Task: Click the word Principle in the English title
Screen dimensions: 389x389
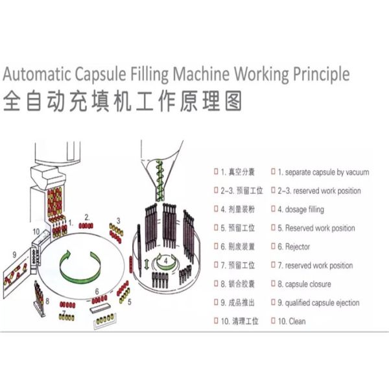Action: pyautogui.click(x=316, y=73)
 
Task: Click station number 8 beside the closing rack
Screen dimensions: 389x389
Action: pyautogui.click(x=47, y=301)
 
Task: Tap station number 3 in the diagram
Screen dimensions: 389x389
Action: pyautogui.click(x=118, y=220)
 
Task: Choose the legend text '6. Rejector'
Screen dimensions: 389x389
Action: pyautogui.click(x=298, y=247)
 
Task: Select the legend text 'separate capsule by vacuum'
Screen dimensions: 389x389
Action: pyautogui.click(x=327, y=172)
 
